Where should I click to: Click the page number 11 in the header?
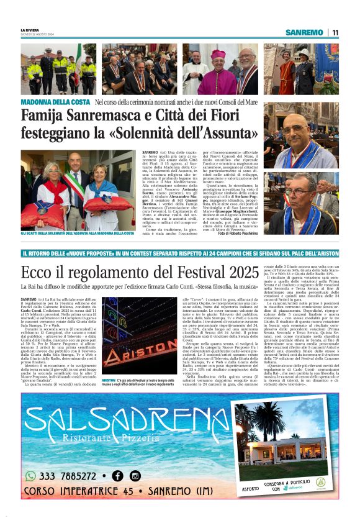pyautogui.click(x=335, y=32)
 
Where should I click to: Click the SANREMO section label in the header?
pyautogui.click(x=305, y=32)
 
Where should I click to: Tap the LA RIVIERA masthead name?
pyautogui.click(x=29, y=30)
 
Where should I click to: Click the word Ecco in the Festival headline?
pyautogui.click(x=37, y=272)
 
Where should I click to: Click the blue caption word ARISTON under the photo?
pyautogui.click(x=108, y=380)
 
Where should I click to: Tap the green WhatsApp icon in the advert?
pyautogui.click(x=30, y=476)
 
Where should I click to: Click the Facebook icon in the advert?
pyautogui.click(x=117, y=476)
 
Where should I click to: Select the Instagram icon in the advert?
pyautogui.click(x=135, y=476)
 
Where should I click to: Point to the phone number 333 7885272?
pyautogui.click(x=68, y=476)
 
